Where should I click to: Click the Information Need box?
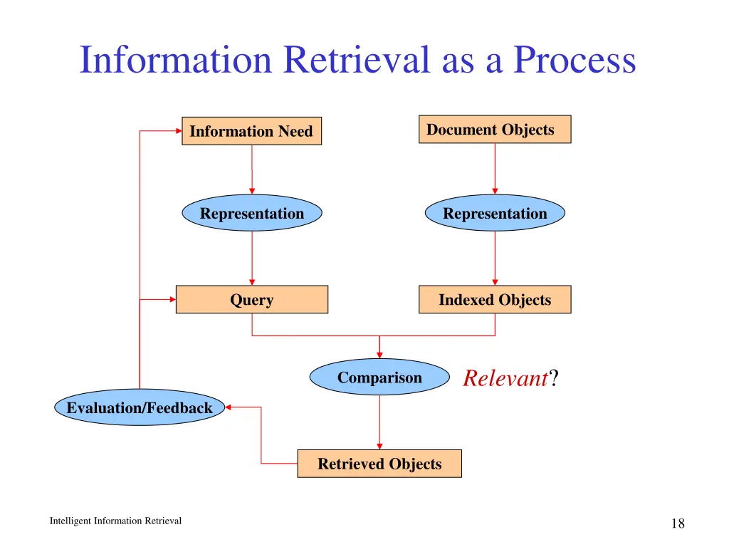tap(251, 131)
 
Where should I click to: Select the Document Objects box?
tap(494, 130)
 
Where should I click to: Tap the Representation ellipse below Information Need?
tap(251, 213)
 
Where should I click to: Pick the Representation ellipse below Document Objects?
tap(495, 213)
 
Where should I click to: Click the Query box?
tap(251, 300)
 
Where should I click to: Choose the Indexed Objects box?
tap(494, 300)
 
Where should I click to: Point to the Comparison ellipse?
tap(379, 377)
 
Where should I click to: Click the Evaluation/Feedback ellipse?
tap(140, 407)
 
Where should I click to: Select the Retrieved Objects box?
tap(379, 464)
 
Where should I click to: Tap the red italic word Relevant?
tap(504, 378)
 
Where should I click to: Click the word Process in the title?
tap(575, 60)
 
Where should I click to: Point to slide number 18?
tap(677, 524)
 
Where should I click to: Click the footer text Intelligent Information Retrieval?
tap(115, 521)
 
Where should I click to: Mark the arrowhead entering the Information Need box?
tap(178, 131)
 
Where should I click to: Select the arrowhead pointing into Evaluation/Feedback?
tap(229, 407)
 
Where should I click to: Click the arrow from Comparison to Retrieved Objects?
tap(379, 422)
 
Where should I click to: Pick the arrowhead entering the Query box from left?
tap(172, 300)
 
